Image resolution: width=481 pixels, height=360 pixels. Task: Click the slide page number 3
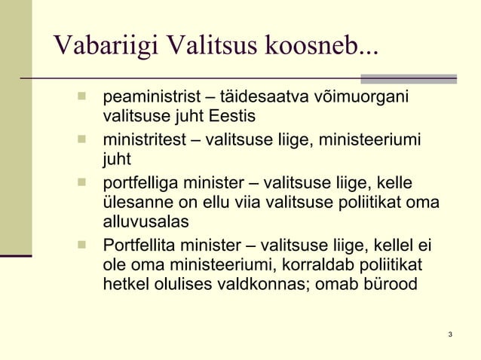[449, 334]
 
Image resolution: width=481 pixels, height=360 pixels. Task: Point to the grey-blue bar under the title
[409, 78]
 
